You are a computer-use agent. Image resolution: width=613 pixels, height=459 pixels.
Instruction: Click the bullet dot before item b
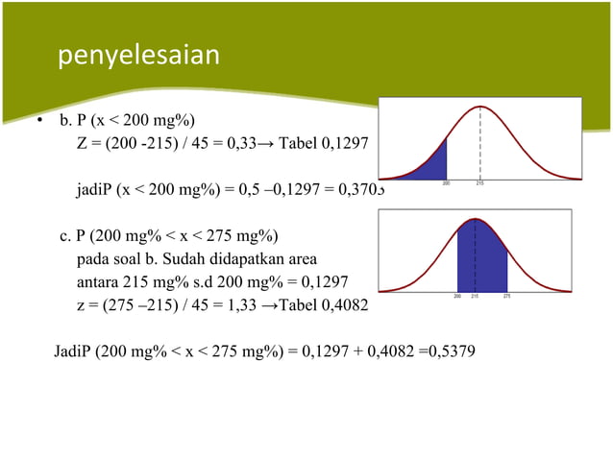coord(39,123)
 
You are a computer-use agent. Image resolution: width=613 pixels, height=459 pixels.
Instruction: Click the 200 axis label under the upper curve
coord(447,182)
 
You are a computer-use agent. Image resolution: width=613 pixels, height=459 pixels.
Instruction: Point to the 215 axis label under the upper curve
coord(479,182)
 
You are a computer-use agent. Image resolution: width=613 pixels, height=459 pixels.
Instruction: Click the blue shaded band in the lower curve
coord(481,259)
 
